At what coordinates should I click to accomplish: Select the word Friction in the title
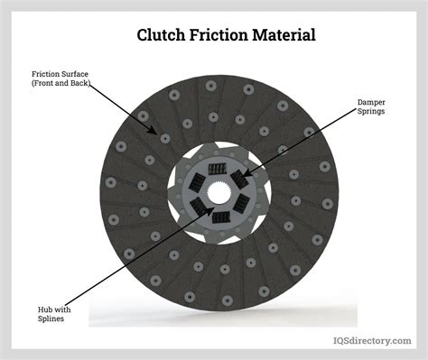[x=221, y=36]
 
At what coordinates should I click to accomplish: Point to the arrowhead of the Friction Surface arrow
[x=163, y=136]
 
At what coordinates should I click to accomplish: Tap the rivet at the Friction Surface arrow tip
[x=165, y=138]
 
